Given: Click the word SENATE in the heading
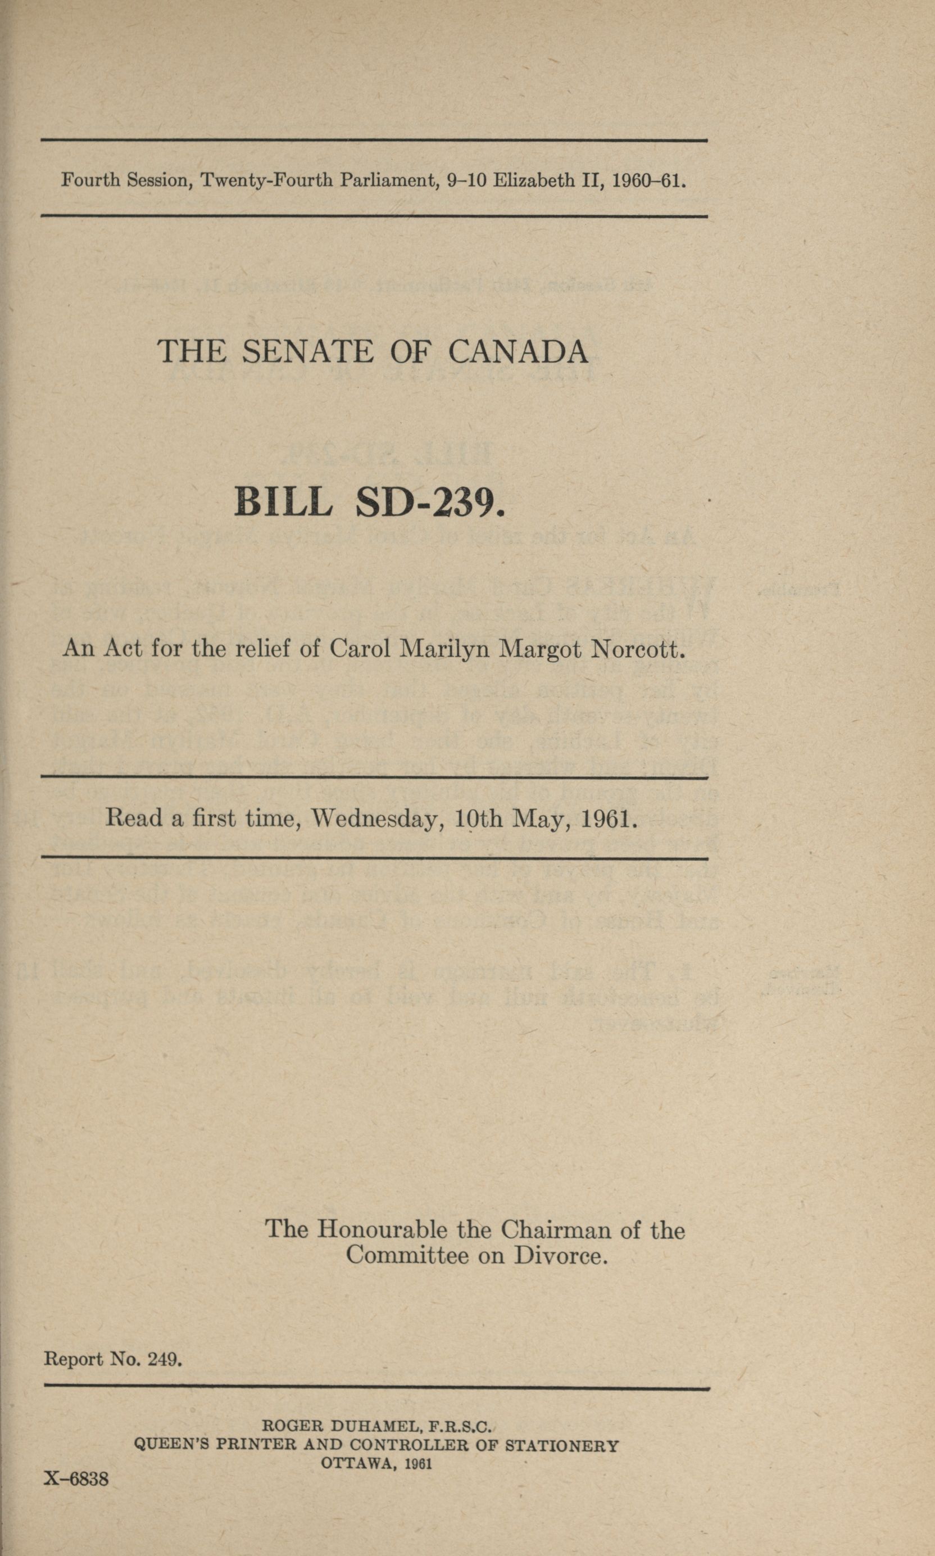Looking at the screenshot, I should [307, 352].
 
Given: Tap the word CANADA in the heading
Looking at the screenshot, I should [518, 352].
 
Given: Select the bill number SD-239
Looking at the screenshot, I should [430, 503].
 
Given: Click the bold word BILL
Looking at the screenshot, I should [283, 503].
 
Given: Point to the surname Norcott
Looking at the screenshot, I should [637, 649].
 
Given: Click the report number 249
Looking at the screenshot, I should [165, 1359].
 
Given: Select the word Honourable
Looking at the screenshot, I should [382, 1229].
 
